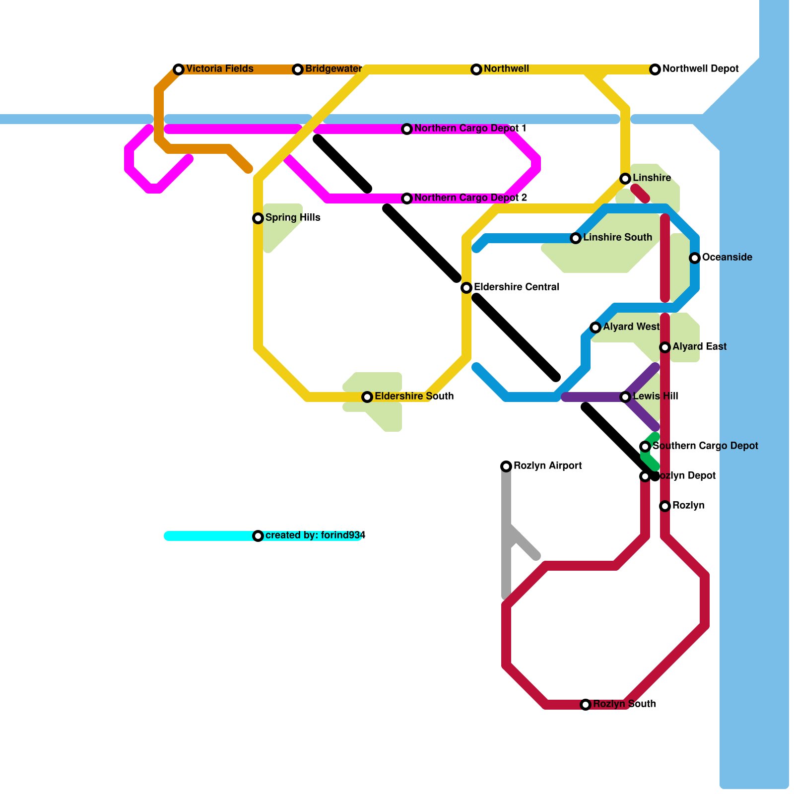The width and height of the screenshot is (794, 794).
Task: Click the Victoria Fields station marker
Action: click(179, 69)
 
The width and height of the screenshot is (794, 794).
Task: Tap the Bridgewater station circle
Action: click(298, 69)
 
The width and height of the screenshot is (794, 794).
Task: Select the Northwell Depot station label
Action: click(700, 69)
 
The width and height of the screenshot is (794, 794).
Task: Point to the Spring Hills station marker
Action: click(258, 218)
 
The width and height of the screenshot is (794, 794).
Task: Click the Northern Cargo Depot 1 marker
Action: click(407, 129)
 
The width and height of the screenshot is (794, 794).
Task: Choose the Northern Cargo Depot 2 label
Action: click(470, 198)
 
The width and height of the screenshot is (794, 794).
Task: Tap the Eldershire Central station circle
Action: click(466, 288)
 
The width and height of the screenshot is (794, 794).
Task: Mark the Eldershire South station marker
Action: click(367, 397)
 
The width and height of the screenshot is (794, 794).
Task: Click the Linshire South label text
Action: click(617, 238)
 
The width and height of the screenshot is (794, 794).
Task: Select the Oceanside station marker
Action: click(695, 258)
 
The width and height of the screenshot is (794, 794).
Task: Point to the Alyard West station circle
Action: click(595, 328)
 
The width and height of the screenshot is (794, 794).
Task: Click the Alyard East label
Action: click(699, 347)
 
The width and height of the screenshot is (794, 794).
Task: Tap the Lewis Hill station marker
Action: click(625, 397)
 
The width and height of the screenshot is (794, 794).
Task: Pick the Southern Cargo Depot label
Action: click(705, 446)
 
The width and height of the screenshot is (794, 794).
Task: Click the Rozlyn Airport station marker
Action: click(506, 466)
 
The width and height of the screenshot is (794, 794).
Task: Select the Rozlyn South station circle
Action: click(586, 705)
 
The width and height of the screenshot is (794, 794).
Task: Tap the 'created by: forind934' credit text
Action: click(315, 535)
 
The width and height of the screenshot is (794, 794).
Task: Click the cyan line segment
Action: click(208, 536)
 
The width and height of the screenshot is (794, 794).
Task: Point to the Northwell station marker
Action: click(476, 69)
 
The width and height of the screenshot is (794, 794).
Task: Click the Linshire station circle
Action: click(625, 179)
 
